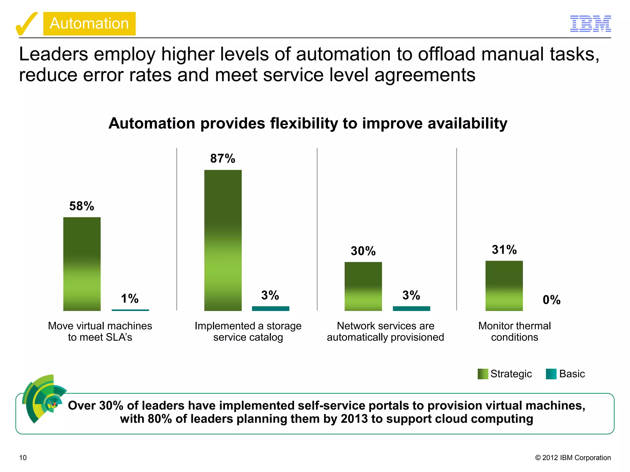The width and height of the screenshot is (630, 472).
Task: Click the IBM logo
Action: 590,24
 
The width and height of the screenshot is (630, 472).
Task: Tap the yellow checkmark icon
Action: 26,24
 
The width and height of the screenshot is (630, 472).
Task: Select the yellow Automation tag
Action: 89,24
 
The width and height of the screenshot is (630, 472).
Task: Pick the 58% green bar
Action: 82,264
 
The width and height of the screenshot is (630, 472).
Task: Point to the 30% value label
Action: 363,251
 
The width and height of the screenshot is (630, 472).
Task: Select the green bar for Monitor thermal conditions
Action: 504,286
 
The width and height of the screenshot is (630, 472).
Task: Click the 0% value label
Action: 551,300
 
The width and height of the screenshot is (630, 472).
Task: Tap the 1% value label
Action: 130,299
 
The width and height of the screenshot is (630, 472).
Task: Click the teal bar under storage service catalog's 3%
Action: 270,309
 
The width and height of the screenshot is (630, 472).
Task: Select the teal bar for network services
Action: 411,309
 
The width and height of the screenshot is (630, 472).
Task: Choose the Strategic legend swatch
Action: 483,374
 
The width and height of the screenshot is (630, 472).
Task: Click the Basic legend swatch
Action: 551,374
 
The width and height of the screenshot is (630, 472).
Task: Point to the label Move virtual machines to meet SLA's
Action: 100,332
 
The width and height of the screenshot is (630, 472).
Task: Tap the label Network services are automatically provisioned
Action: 385,332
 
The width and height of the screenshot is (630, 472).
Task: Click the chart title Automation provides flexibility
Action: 308,124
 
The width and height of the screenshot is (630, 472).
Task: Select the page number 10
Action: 23,458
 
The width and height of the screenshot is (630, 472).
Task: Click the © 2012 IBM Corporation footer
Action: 573,458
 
